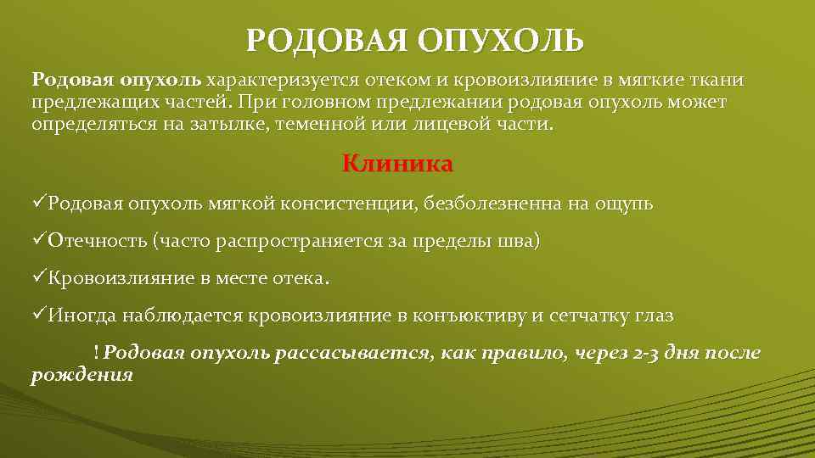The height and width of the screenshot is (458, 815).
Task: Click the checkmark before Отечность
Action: point(39,241)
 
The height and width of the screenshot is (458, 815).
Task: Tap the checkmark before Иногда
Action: point(39,316)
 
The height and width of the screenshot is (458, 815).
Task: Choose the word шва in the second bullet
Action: point(520,242)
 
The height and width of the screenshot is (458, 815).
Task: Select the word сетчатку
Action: point(587,316)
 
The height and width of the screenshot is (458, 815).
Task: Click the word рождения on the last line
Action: point(82,374)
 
